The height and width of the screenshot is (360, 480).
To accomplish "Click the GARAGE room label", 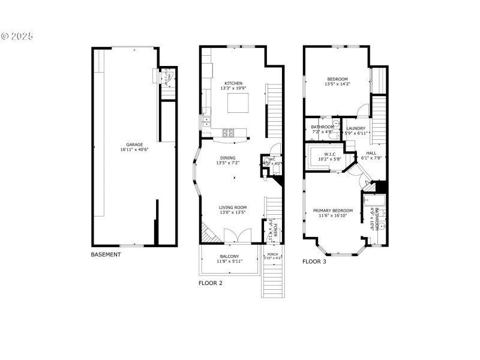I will [134, 144].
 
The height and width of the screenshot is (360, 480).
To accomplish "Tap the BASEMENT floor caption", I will [106, 254].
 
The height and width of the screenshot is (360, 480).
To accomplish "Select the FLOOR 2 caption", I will [211, 283].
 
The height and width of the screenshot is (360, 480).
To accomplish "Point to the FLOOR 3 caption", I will [314, 262].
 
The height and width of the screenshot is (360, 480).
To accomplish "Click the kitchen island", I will [238, 103].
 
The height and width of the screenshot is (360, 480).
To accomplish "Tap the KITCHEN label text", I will [233, 83].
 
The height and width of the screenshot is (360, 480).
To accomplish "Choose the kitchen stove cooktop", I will [228, 131].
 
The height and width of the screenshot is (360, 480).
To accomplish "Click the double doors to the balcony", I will [232, 236].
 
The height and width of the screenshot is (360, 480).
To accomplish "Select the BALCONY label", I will [229, 256].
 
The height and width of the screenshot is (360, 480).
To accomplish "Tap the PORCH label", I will [272, 254].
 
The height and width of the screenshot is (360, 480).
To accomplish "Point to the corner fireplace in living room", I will [206, 231].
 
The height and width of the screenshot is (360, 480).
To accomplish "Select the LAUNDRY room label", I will [356, 128].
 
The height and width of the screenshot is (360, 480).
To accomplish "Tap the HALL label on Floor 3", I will [371, 153].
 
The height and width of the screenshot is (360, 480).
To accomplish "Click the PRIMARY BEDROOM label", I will [332, 211].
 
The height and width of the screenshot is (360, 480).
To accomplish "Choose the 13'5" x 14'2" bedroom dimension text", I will [337, 84].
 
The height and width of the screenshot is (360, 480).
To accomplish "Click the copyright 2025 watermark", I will [17, 36].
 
